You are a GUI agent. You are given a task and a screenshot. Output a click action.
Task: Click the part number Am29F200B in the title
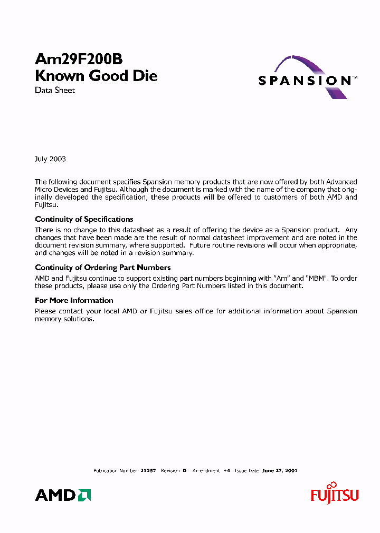click(x=79, y=60)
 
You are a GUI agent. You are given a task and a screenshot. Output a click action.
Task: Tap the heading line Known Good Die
click(x=96, y=76)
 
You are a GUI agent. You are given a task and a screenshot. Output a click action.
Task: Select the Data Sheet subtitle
click(x=55, y=91)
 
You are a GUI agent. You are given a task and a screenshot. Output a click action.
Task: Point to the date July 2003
click(x=50, y=159)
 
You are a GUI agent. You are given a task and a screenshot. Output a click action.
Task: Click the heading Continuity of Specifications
click(x=84, y=219)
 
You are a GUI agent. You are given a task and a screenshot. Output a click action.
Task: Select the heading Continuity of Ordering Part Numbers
click(x=102, y=268)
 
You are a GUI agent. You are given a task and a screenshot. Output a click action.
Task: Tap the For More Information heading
click(x=74, y=300)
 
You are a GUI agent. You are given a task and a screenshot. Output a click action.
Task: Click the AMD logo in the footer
click(x=63, y=495)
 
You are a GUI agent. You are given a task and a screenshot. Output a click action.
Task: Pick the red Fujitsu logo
click(x=335, y=494)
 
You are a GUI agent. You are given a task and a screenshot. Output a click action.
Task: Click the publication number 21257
click(x=148, y=470)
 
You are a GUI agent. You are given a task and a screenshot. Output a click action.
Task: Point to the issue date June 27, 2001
click(x=280, y=470)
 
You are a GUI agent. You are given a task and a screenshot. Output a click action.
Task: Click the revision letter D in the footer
click(x=185, y=470)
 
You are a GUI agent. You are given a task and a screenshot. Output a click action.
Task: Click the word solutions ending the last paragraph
click(x=79, y=319)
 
